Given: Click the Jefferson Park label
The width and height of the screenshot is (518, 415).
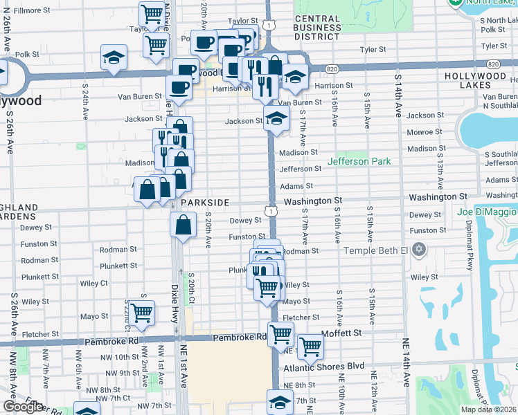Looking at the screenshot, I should coord(359,161).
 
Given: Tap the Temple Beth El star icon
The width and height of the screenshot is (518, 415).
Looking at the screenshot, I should coord(418,248).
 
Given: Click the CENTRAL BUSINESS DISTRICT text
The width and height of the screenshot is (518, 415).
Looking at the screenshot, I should coord(317,24).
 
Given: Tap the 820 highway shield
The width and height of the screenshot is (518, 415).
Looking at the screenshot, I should coord(332,68).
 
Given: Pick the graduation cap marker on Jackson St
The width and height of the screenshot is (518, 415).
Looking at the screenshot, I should coord(276,119).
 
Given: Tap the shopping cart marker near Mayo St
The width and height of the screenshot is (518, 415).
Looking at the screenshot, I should coord(141,312).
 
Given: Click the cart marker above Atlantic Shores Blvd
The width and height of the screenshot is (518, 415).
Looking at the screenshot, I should coord(310,346).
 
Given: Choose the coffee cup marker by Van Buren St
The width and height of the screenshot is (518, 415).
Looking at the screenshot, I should coord(179,89).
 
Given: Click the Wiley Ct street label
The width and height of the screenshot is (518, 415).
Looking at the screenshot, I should coord(93,283).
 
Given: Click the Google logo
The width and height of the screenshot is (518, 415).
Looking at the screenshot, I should coord(23,407).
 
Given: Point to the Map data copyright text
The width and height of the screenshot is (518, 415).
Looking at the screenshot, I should coord(488,409).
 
